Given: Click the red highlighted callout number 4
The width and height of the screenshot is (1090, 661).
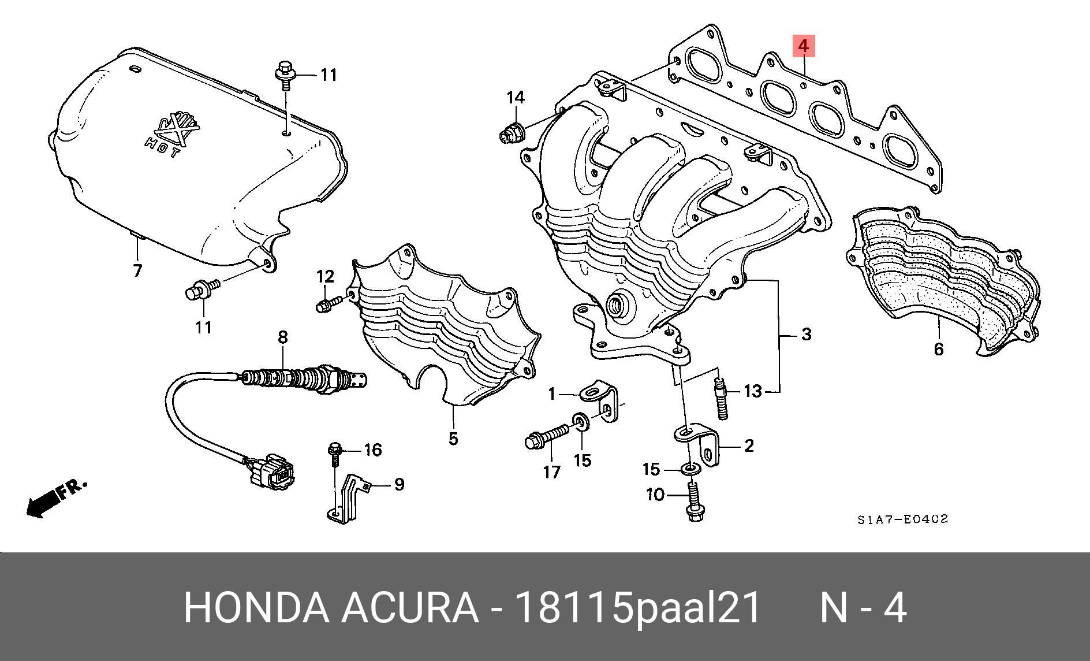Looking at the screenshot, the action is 804,45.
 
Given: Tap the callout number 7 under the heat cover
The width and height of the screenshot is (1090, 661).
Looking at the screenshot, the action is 137,270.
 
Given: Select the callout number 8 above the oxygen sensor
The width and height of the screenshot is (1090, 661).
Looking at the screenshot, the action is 282,337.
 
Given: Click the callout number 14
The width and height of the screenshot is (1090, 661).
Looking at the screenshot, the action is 516,97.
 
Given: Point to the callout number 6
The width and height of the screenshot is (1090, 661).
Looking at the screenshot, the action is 938,349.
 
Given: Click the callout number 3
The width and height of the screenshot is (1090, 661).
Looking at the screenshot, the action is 806,334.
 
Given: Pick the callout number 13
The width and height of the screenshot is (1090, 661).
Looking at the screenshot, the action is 753,392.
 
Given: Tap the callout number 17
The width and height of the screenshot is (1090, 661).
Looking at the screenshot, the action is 552,472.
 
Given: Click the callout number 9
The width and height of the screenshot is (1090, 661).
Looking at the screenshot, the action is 399,484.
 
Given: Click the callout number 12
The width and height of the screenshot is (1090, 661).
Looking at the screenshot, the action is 325,276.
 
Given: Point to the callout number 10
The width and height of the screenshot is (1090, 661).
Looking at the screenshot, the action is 655,495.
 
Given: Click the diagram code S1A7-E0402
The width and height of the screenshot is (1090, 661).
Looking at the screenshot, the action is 902,519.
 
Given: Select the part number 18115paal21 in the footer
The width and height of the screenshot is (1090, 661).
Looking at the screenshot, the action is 637,608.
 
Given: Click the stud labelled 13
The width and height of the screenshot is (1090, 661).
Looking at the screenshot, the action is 722,399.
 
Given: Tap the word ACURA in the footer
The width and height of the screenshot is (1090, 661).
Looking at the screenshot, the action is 409,608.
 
